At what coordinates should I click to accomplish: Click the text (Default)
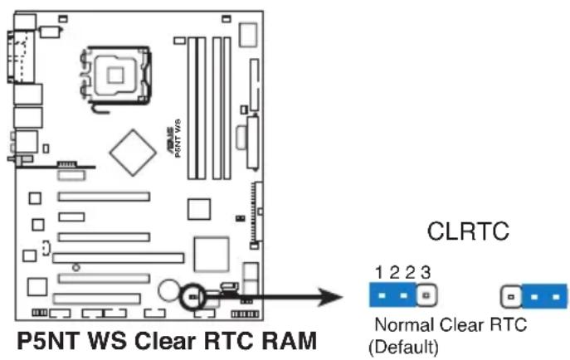(402, 343)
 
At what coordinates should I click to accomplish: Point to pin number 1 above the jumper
(378, 272)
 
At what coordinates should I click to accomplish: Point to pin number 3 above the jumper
(425, 272)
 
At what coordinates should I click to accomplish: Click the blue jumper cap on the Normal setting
(392, 294)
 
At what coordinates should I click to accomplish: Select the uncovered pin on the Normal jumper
(426, 294)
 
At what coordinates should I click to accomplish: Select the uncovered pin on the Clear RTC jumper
(511, 294)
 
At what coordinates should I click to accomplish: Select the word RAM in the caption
(290, 341)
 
